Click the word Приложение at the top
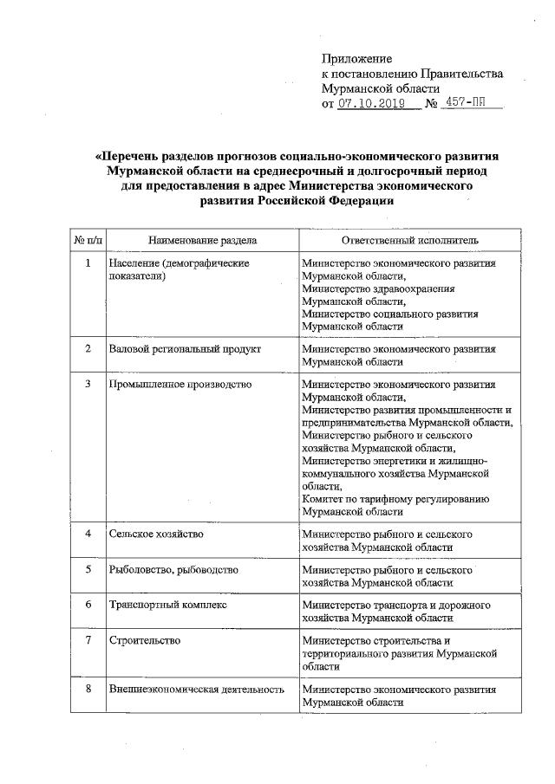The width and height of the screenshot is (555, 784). [356, 59]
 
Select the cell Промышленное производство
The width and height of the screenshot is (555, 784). [180, 384]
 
